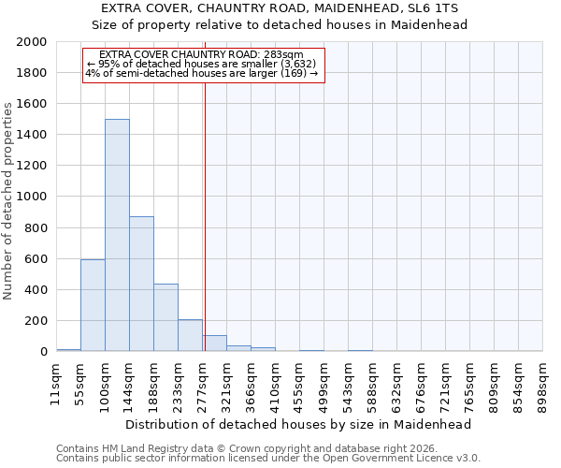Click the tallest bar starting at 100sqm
tap(117, 235)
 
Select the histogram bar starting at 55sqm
tap(93, 305)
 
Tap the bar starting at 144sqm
tap(141, 284)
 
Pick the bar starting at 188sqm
tap(165, 317)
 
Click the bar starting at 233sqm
tap(190, 335)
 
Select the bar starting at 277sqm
tap(214, 343)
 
